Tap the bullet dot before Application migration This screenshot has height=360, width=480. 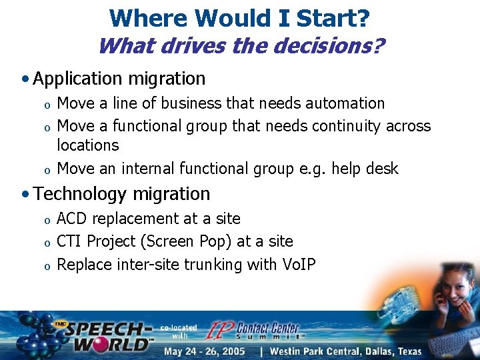pyautogui.click(x=25, y=79)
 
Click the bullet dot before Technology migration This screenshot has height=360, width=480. pyautogui.click(x=25, y=195)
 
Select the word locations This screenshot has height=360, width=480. pyautogui.click(x=87, y=145)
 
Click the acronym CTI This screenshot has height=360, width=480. pyautogui.click(x=70, y=241)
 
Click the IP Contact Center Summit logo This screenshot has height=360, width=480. pyautogui.click(x=253, y=329)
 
